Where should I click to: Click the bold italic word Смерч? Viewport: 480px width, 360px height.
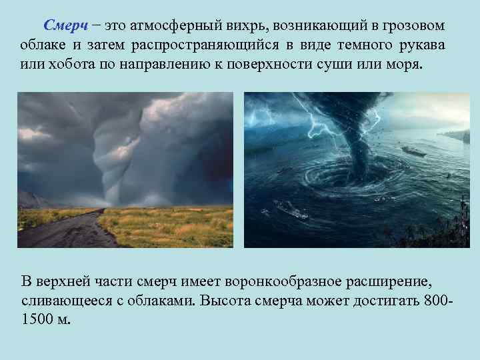tap(65, 26)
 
